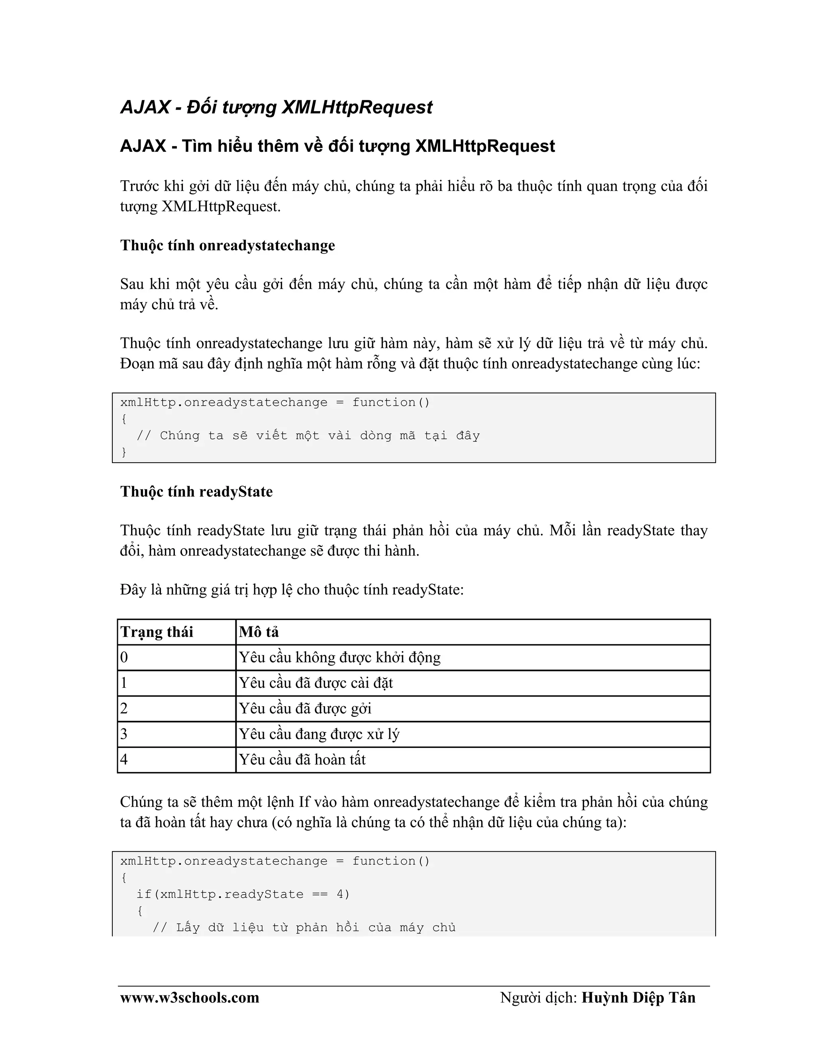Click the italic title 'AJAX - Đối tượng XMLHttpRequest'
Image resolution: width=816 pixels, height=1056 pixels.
[276, 107]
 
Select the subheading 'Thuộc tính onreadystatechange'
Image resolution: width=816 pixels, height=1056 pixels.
[227, 245]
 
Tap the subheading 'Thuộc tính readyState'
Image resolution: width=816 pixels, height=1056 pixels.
[196, 492]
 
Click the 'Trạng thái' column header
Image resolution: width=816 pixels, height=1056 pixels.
[157, 632]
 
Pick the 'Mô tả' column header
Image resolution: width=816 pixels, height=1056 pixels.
[259, 632]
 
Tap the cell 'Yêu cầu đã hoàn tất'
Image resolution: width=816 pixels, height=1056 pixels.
[302, 760]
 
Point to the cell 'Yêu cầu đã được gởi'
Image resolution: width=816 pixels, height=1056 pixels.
[305, 709]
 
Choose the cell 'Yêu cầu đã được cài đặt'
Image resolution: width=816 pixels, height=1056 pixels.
[316, 683]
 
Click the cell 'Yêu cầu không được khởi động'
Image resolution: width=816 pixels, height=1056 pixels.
[339, 658]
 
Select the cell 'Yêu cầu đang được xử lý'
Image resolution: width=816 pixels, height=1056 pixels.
[319, 734]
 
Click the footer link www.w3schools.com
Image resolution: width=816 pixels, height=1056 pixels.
[190, 997]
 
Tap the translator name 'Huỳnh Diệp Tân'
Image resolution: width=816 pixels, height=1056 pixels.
[638, 997]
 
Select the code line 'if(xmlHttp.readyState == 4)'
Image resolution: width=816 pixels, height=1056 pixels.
[243, 894]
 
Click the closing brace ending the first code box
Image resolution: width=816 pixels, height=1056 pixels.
[124, 452]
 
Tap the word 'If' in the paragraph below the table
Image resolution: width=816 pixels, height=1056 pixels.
[304, 802]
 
